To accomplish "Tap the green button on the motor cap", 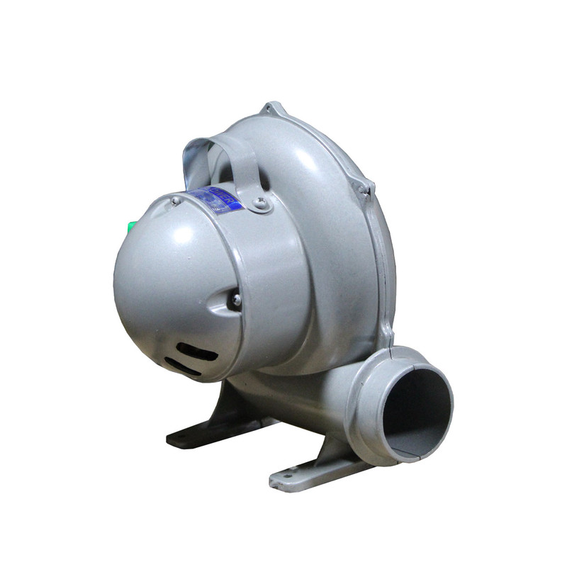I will [x=131, y=227].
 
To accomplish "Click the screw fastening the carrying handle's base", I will [x=262, y=204].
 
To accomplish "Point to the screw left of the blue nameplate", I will [x=175, y=201].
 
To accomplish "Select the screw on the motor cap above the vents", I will [x=236, y=301].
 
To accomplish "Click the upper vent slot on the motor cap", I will [x=197, y=350].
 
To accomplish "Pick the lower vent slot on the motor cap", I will [x=182, y=366].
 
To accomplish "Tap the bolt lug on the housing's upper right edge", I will [x=364, y=189].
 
